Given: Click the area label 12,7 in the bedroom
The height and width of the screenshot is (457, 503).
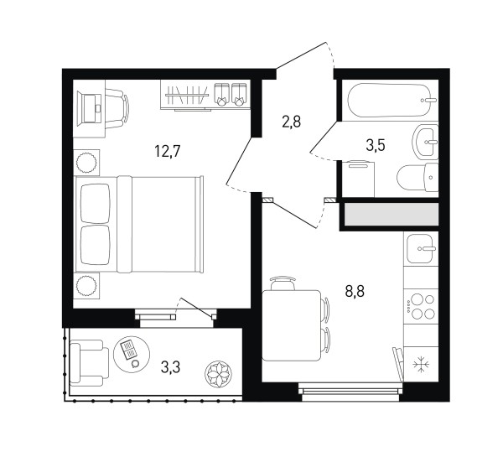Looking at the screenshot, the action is (x=168, y=151).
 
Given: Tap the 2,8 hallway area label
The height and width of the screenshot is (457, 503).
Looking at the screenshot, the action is (x=291, y=122).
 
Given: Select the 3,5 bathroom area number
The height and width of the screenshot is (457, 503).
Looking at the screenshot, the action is (x=376, y=145).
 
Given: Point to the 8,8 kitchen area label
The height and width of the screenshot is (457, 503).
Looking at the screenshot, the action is (x=355, y=291).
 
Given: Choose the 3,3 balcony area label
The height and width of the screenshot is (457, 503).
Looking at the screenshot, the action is (x=171, y=366).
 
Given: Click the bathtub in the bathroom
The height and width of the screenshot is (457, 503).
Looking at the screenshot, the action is (x=390, y=100).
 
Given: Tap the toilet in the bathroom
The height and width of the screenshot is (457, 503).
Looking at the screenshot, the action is (x=417, y=178).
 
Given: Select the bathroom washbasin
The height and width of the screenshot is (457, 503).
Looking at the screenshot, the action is (x=425, y=142).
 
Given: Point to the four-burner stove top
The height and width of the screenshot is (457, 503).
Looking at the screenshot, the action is (x=421, y=307).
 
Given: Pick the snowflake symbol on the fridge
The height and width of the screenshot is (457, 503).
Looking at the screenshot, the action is (x=421, y=366).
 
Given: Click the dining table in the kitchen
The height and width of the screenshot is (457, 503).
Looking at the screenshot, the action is (x=291, y=325).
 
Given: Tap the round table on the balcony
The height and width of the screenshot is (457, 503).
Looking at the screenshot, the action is (x=132, y=355).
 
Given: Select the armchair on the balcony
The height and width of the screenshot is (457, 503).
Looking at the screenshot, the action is (x=90, y=363).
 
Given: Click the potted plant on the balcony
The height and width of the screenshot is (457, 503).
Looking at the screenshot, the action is (x=218, y=374).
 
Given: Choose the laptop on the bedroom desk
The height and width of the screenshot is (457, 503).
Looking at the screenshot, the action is (x=92, y=108).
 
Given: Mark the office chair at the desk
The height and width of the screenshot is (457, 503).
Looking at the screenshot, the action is (x=117, y=108).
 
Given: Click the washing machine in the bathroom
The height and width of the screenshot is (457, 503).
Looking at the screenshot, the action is (x=358, y=179).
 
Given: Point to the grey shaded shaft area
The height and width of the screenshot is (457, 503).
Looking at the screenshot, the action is (x=392, y=215).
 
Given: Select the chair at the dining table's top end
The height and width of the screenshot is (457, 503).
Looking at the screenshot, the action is (x=283, y=283).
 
